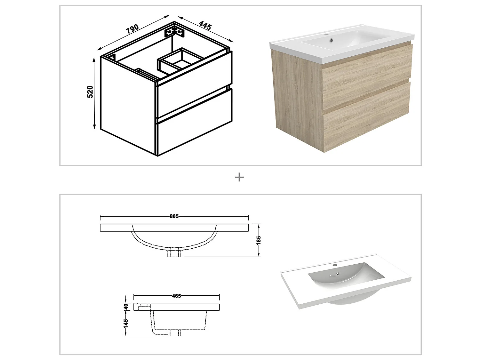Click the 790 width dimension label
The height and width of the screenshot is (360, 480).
click(x=132, y=28)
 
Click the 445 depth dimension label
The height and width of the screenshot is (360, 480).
click(x=205, y=25)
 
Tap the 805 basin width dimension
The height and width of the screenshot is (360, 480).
click(x=174, y=216)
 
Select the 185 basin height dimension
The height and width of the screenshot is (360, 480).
click(x=259, y=240)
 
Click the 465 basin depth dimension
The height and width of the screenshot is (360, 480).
click(x=176, y=296)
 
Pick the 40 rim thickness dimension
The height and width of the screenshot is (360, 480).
click(x=126, y=306)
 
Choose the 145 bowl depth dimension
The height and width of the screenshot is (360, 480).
click(x=126, y=322)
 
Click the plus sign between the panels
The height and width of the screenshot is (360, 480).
click(x=239, y=177)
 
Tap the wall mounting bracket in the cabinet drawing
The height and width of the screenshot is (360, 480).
click(x=175, y=32)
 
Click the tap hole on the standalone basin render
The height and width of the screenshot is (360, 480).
click(x=335, y=265)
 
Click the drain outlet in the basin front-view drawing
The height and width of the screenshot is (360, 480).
click(x=174, y=252)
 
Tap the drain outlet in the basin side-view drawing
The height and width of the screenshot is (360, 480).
click(x=174, y=333)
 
